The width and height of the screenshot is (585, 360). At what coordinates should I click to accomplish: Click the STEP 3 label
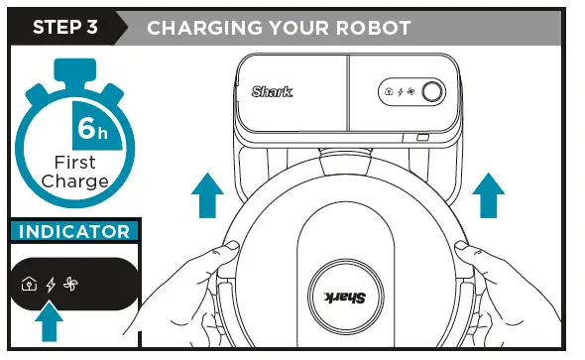coord(65,27)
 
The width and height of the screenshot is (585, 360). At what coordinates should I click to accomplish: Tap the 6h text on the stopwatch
coord(93,130)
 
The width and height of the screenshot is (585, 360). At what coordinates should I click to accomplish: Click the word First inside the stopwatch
coord(75,163)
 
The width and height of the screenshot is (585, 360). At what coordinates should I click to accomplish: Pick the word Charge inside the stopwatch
coord(75,181)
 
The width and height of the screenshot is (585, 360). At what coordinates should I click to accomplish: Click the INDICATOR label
coord(75,232)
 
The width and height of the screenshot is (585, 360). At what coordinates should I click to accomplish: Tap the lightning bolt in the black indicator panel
coord(52,284)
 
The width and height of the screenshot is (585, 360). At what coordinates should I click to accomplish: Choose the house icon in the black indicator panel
coord(30,284)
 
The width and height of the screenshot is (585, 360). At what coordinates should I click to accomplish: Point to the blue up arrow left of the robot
coord(206,193)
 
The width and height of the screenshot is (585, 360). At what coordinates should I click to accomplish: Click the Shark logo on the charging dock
coord(272,92)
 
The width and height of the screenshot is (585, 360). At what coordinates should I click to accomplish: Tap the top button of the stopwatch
coord(75,68)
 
